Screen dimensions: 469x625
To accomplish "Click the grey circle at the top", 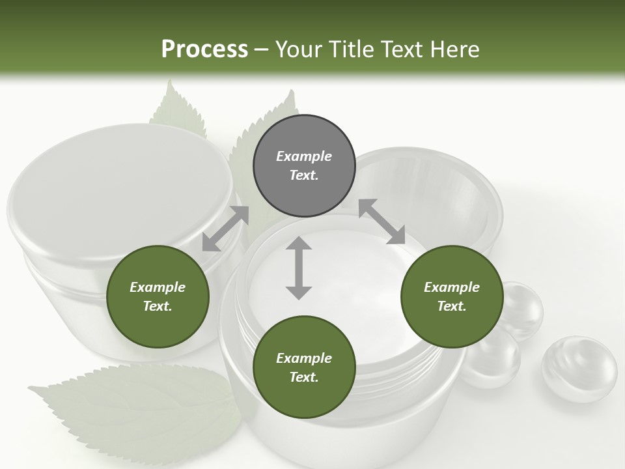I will (x=304, y=166).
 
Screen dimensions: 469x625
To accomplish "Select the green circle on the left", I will (x=158, y=296).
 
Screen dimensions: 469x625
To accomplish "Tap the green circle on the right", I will (x=452, y=296).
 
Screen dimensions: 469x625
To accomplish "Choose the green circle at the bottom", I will (x=304, y=367).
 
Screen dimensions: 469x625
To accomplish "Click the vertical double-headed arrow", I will (x=299, y=268).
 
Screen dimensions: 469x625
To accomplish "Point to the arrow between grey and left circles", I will (x=225, y=229).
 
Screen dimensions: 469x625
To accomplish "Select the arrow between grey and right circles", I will (x=382, y=221).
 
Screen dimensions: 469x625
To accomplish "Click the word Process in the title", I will (x=204, y=49).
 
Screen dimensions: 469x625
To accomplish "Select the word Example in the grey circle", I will (x=304, y=156).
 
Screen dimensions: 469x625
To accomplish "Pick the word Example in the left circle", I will (x=158, y=287).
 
